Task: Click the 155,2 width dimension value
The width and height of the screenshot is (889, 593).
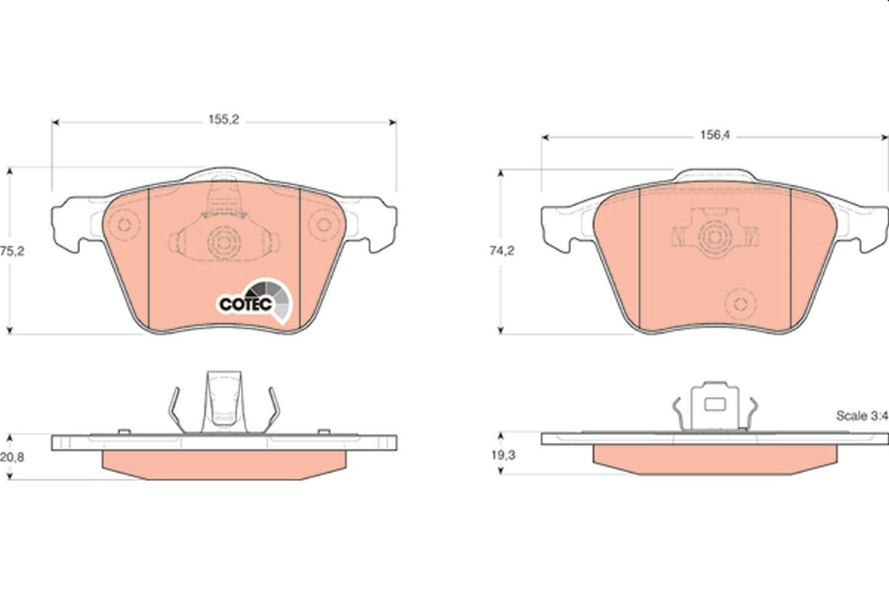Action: pyautogui.click(x=223, y=121)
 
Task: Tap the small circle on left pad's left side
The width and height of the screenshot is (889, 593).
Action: pyautogui.click(x=124, y=226)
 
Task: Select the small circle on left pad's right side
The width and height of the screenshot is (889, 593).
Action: pyautogui.click(x=322, y=226)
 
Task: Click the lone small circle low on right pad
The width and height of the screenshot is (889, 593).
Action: pyautogui.click(x=739, y=303)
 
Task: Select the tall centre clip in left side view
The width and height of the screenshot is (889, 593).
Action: pyautogui.click(x=223, y=400)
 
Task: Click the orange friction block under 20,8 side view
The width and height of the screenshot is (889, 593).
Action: pyautogui.click(x=223, y=464)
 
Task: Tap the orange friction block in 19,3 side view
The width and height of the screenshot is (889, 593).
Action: pyautogui.click(x=716, y=460)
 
